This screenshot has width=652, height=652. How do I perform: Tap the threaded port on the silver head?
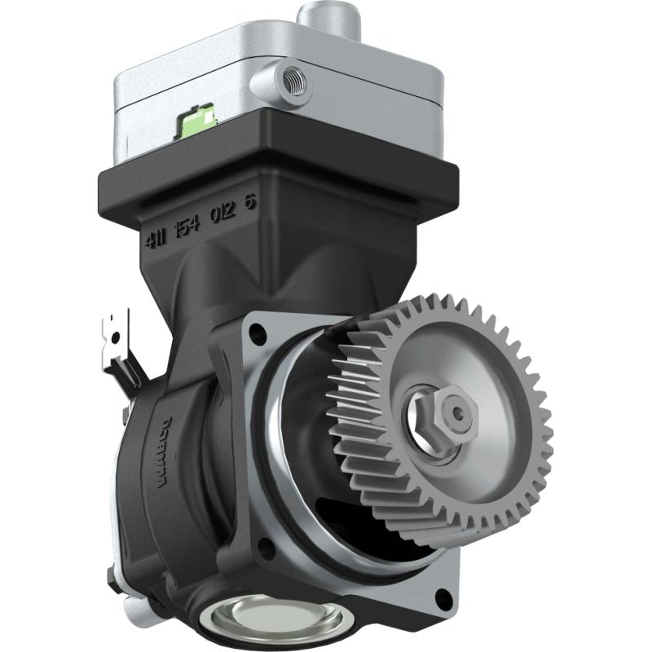(x=290, y=79)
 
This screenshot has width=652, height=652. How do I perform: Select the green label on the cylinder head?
(x=196, y=119)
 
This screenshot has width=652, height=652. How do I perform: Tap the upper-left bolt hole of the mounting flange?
(x=258, y=333)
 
